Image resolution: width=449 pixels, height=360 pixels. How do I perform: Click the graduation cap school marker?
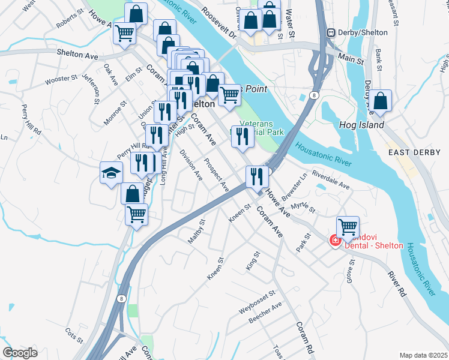[111, 173]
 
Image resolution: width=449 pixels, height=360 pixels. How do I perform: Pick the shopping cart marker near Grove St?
[347, 227]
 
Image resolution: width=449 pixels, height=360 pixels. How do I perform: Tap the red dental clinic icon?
[334, 241]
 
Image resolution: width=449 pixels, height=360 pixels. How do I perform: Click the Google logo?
[20, 353]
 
